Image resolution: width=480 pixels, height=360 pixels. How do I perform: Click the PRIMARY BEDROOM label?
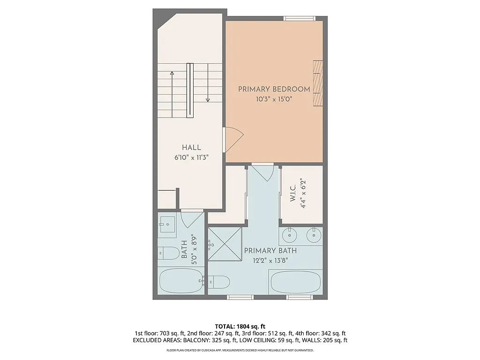[x=274, y=89]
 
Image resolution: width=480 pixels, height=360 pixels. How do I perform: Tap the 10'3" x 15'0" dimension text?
[x=274, y=99]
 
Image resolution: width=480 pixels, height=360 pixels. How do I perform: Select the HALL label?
[x=191, y=148]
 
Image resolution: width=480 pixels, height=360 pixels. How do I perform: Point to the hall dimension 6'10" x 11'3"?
[x=191, y=158]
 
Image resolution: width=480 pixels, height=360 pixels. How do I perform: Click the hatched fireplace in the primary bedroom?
[x=318, y=83]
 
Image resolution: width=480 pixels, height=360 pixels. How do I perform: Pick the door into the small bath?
[x=192, y=218]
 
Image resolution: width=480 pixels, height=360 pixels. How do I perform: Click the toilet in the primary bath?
[x=218, y=282]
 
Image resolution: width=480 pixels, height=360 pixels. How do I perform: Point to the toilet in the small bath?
[x=168, y=253]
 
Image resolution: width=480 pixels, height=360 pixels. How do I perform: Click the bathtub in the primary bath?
[x=295, y=282]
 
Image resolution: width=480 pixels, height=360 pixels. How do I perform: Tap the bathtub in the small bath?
[x=181, y=281]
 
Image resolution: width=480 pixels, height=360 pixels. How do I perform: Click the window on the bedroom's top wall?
[x=299, y=19]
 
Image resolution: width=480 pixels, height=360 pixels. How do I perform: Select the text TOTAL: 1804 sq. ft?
[x=240, y=326]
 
